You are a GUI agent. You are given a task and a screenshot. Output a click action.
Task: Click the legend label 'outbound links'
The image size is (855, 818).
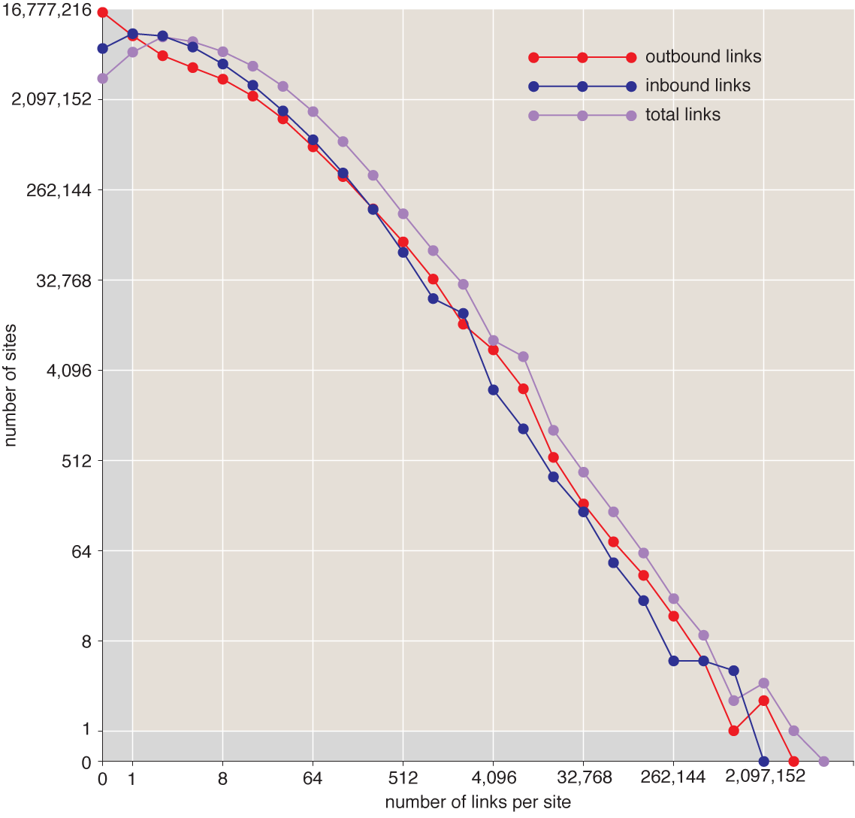(x=702, y=57)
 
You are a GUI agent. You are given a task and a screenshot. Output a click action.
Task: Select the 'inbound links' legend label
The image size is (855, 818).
(x=697, y=86)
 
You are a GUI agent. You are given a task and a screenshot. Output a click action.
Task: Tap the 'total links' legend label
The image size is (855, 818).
(x=682, y=115)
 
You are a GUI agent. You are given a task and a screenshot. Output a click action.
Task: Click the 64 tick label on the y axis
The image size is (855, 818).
(x=77, y=551)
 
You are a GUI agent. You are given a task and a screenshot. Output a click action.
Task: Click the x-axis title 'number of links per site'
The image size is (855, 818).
(x=478, y=802)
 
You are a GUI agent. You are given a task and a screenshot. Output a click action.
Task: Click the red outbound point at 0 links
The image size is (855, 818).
(x=103, y=12)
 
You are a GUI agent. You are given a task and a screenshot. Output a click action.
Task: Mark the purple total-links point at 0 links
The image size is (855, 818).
(x=103, y=78)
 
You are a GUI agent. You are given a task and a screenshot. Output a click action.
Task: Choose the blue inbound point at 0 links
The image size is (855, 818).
(x=103, y=49)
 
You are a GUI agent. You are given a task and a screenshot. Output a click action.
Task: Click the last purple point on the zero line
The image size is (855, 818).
(x=823, y=762)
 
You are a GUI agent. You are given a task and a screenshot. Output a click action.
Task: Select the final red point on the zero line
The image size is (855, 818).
(x=793, y=762)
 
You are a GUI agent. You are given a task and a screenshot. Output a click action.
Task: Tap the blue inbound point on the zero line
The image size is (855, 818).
(x=764, y=762)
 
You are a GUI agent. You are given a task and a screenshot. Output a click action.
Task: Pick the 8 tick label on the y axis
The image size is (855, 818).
(x=86, y=641)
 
